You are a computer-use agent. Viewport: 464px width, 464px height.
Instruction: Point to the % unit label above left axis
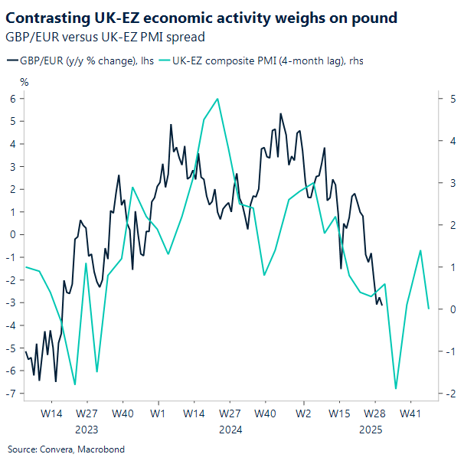pyautogui.click(x=24, y=82)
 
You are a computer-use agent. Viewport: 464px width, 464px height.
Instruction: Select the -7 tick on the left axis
pyautogui.click(x=11, y=394)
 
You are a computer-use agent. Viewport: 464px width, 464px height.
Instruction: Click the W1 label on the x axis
pyautogui.click(x=159, y=413)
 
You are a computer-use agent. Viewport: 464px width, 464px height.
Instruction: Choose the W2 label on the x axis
pyautogui.click(x=303, y=413)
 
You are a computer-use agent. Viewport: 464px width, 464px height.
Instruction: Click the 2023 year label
pyautogui.click(x=87, y=430)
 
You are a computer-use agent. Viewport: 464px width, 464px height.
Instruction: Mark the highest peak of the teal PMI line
pyautogui.click(x=218, y=99)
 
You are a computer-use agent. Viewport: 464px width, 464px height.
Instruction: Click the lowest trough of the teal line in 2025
pyautogui.click(x=396, y=388)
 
